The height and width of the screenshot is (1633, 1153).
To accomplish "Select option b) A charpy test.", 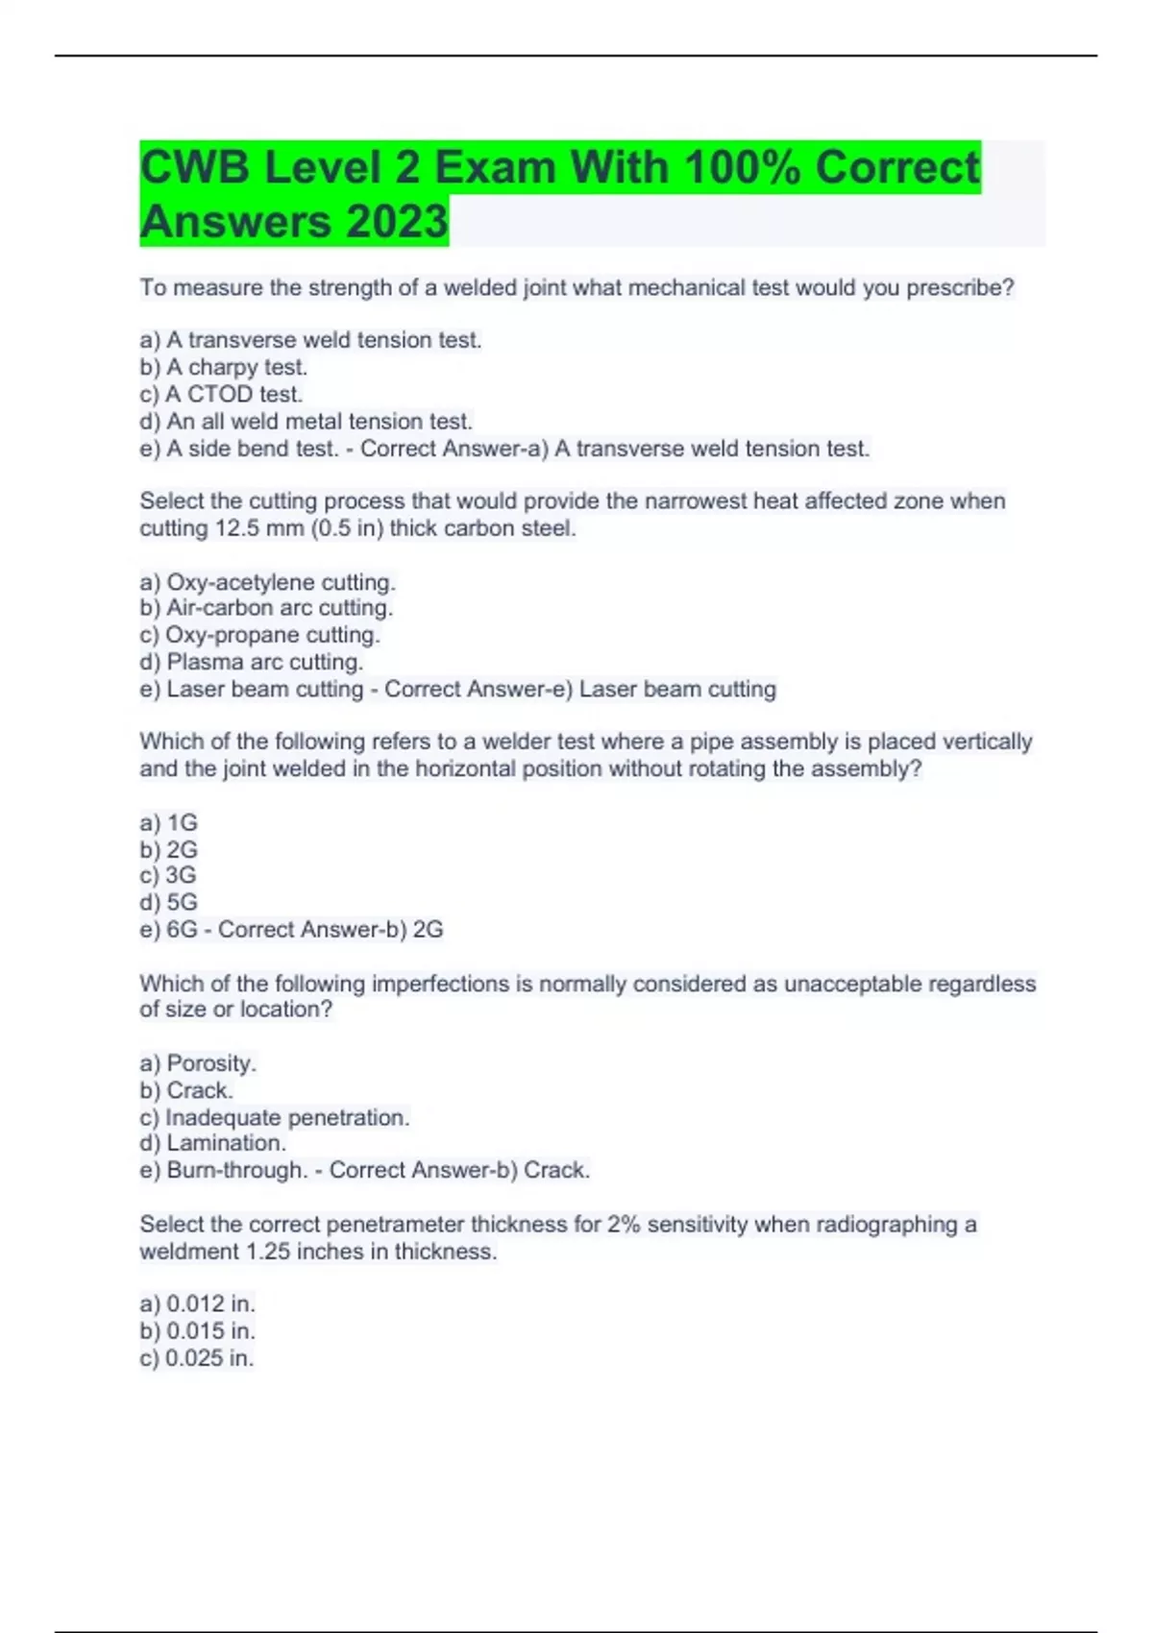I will (x=224, y=367).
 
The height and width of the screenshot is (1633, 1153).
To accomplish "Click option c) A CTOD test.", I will (x=221, y=394).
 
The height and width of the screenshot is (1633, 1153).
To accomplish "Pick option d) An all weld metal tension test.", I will (x=306, y=421).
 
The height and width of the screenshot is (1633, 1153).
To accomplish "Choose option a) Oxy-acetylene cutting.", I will (x=267, y=582).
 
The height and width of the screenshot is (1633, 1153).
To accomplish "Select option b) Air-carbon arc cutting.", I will (x=266, y=608).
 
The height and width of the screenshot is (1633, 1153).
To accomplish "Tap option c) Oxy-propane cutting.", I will (x=259, y=635).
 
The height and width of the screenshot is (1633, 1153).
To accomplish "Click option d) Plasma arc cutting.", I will (x=251, y=662).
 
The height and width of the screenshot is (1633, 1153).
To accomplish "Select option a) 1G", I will (x=168, y=823).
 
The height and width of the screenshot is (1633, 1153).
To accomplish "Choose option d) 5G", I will (x=168, y=902).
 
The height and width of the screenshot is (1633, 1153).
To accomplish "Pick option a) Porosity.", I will (x=198, y=1063).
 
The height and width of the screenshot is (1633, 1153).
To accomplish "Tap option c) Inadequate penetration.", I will (x=274, y=1117).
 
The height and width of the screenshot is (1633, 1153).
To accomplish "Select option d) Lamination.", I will (x=212, y=1143).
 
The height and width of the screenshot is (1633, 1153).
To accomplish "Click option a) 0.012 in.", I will (x=197, y=1304).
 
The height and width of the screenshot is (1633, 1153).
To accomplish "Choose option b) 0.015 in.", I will (x=197, y=1330).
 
